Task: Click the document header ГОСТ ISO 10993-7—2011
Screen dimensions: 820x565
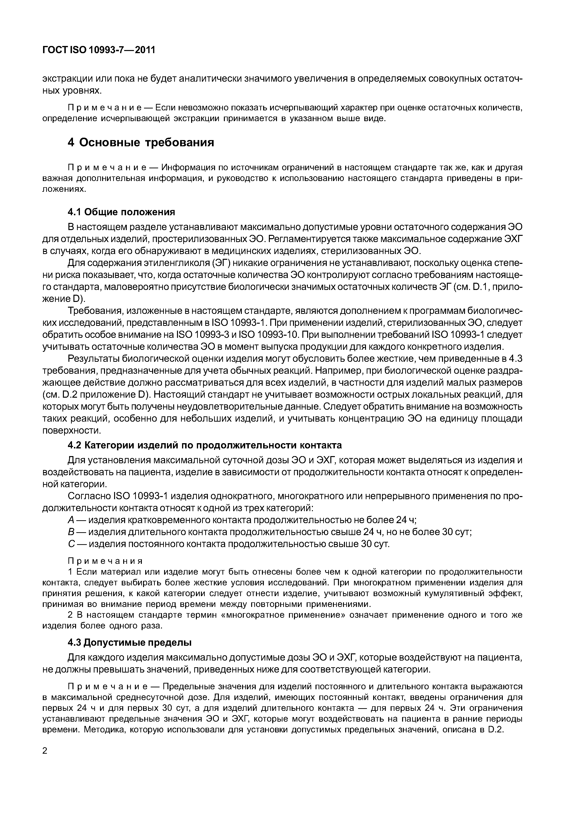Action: click(x=99, y=50)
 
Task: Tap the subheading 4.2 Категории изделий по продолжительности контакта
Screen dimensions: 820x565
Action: click(x=205, y=445)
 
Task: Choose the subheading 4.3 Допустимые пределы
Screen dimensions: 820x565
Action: click(x=130, y=642)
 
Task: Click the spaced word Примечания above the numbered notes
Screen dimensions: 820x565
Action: click(x=105, y=561)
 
